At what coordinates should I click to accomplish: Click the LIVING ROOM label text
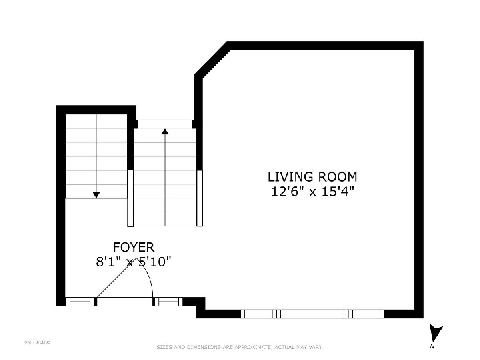point(312,177)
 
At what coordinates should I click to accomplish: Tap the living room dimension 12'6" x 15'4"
point(312,192)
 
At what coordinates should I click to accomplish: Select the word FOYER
point(134,248)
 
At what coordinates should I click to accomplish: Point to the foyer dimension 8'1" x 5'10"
point(133,262)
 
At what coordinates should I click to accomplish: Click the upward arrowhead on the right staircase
point(165,131)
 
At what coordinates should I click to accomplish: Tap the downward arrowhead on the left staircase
point(96,195)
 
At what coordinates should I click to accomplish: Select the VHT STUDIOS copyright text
point(37,342)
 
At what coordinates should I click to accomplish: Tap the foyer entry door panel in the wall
point(125,302)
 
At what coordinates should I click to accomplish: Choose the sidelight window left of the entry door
point(80,302)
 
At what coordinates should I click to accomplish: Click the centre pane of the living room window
point(312,314)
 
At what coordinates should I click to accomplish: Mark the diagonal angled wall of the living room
point(212,60)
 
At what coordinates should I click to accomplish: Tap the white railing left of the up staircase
point(130,198)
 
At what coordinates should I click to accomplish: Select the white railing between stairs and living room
point(200,198)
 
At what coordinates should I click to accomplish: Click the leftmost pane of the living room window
point(258,314)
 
